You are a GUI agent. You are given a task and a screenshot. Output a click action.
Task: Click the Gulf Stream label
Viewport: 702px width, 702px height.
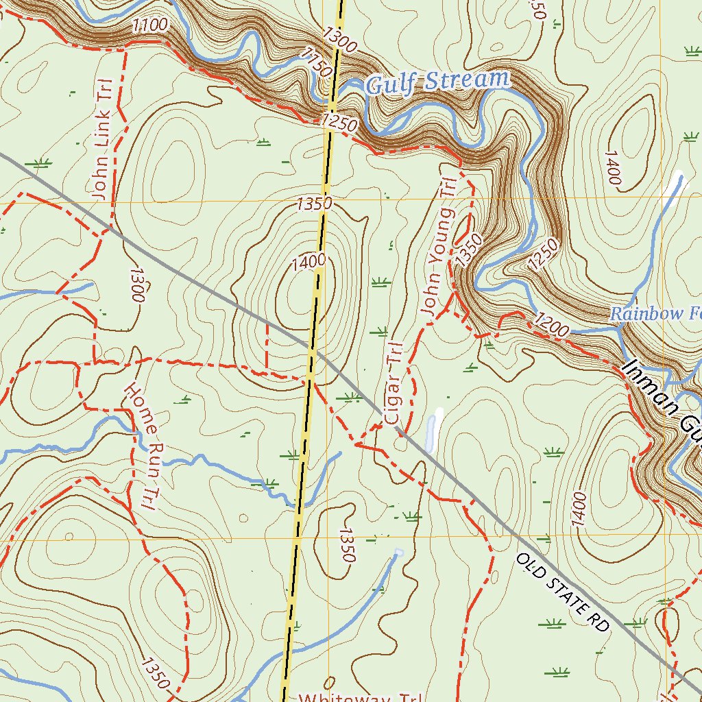pos(438,82)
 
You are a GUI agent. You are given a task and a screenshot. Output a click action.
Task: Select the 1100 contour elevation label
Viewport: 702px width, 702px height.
pos(149,26)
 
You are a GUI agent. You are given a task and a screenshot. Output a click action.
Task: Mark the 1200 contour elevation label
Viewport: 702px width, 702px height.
pos(550,324)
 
